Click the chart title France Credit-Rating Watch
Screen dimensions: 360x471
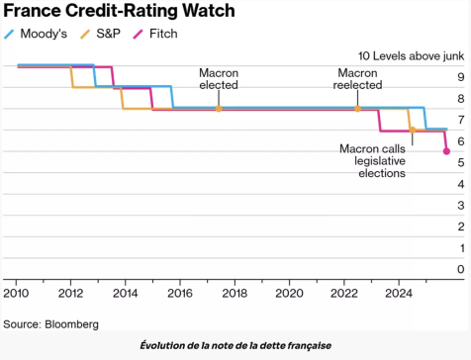[x=118, y=12]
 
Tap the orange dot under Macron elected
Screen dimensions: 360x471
[x=218, y=109]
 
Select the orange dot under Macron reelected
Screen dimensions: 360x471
[x=357, y=109]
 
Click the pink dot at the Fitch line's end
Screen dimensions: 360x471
[x=446, y=151]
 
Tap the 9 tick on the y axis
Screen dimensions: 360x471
[x=460, y=76]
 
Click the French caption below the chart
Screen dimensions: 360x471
[x=235, y=344]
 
